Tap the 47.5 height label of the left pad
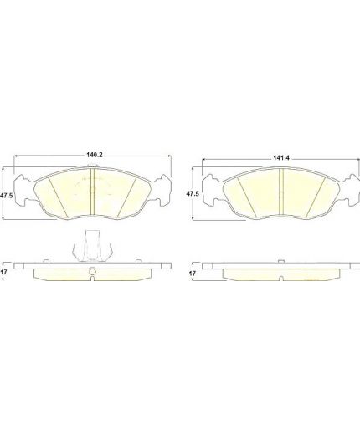coord(7,196)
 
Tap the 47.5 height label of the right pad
coord(193,193)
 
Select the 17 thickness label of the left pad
coord(3,272)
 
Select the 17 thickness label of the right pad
coord(193,274)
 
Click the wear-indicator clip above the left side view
coord(92,246)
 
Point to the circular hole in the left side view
coord(93,271)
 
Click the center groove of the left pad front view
coord(93,192)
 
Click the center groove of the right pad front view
coord(281,192)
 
